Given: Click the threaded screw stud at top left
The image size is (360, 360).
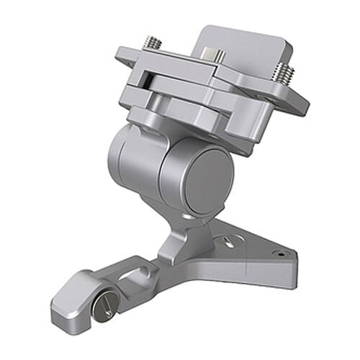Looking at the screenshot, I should tap(153, 44).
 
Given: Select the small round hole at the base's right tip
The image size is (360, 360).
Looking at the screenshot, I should tap(278, 253).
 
